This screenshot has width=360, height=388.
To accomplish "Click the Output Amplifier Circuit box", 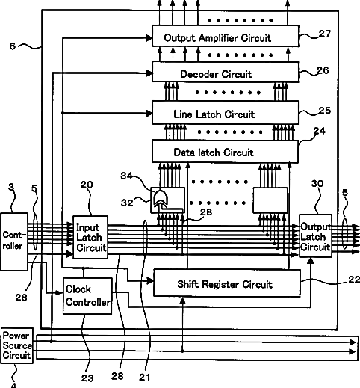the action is click(226, 36).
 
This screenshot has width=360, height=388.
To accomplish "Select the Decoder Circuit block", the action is click(226, 72).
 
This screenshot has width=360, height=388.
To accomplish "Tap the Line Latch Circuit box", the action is click(226, 112).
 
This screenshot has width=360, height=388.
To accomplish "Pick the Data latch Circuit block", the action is click(225, 152).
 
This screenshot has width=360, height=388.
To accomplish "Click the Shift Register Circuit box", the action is click(227, 283).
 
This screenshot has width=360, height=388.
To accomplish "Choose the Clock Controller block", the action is click(87, 296).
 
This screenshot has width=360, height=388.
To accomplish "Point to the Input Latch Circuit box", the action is click(90, 237).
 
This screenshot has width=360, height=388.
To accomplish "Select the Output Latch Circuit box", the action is click(315, 235).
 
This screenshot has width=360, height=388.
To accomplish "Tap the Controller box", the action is click(14, 241).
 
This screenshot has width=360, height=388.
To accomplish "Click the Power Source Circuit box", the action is click(17, 345).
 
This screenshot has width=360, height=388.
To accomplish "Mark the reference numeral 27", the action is click(325, 34).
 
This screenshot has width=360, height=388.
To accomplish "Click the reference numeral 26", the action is click(323, 70).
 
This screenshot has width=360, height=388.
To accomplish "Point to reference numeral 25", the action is click(325, 111).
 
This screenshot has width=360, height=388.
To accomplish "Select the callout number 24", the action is click(320, 131).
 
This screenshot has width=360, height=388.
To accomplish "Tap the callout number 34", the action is click(126, 176).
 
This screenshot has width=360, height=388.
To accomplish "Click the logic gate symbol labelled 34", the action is click(161, 198).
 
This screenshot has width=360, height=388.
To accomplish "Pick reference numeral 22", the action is click(354, 280).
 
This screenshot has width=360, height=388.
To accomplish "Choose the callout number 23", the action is click(87, 378).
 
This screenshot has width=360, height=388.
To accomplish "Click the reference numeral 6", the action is click(13, 46).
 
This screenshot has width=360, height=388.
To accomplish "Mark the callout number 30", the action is click(317, 184).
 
